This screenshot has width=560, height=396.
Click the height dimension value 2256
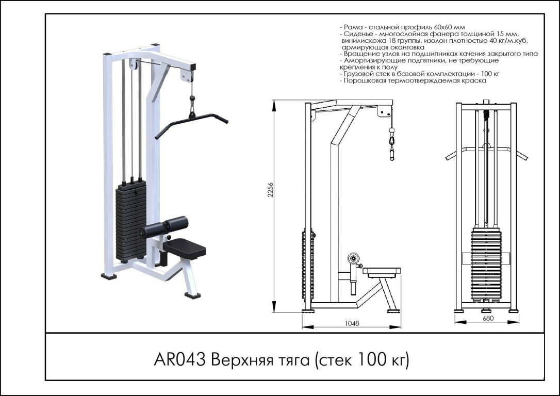[x=270, y=190]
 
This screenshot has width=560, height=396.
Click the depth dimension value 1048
[x=352, y=323]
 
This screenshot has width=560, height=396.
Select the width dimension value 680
[x=487, y=318]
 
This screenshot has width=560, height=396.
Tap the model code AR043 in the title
[x=179, y=359]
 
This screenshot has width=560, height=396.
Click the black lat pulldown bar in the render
[x=191, y=124]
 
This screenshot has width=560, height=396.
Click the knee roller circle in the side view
[x=354, y=258]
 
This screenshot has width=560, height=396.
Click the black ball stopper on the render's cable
[x=192, y=97]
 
